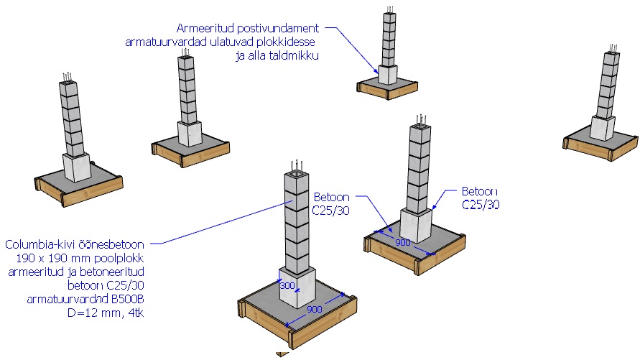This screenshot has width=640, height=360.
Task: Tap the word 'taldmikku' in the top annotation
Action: [x=294, y=56]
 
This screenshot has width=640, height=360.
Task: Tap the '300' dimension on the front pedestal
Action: [x=288, y=286]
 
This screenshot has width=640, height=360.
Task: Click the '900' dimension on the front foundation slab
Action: [x=314, y=309]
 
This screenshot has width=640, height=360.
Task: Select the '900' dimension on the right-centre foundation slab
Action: [x=403, y=242]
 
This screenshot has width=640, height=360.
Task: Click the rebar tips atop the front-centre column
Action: [x=297, y=165]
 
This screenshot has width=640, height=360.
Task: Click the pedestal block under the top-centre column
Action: [x=388, y=73]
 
